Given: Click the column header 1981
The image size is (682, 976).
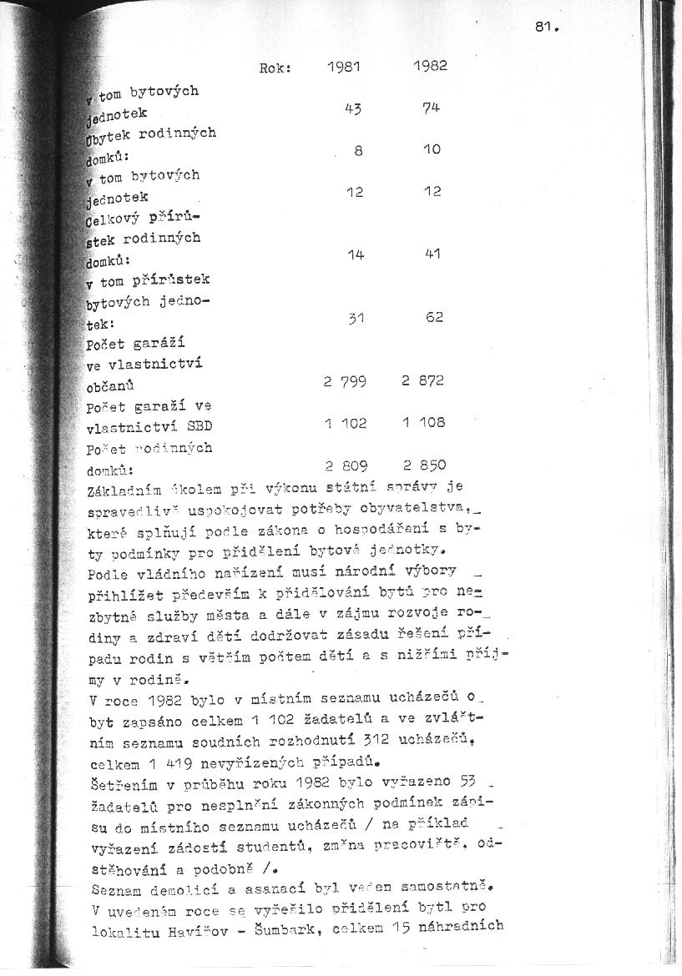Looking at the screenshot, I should tap(343, 67).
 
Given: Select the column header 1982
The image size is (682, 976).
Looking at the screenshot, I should tap(430, 66).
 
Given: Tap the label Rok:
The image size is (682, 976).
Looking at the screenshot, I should tap(275, 69).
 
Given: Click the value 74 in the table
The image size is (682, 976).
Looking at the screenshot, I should tap(432, 108).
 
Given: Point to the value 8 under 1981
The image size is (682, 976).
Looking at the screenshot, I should tap(358, 151).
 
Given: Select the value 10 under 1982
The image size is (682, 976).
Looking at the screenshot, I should tap(432, 150).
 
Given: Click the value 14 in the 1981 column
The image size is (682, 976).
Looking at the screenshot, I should tap(356, 254).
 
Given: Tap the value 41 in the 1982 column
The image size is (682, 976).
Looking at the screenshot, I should tap(432, 254).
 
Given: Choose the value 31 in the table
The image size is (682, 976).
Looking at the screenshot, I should tap(356, 318).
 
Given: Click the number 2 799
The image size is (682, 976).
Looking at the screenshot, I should tap(346, 381).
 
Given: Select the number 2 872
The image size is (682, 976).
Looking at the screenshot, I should tap(423, 380).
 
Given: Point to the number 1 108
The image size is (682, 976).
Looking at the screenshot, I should tap(423, 422).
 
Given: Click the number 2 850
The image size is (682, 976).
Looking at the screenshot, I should tap(424, 465).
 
